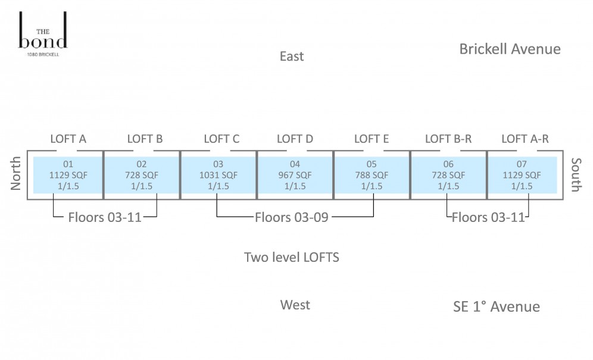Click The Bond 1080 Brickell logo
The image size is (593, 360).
(x=43, y=35)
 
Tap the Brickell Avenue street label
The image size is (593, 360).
(x=510, y=49)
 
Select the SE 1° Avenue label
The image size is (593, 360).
(x=496, y=306)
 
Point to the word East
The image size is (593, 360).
(x=292, y=57)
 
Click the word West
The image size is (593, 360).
(x=295, y=305)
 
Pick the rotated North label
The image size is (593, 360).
(x=15, y=173)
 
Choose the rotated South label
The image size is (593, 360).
(x=576, y=175)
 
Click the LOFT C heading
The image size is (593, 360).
(x=221, y=139)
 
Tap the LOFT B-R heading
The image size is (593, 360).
(x=448, y=139)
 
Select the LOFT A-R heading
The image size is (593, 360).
(x=525, y=139)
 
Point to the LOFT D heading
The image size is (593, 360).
(x=295, y=139)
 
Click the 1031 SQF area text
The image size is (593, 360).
(x=219, y=175)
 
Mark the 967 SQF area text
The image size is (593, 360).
(x=295, y=175)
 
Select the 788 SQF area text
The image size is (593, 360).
(x=372, y=175)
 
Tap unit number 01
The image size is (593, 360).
(x=68, y=164)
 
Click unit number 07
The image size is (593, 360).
(x=522, y=164)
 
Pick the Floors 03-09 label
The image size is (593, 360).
(x=292, y=217)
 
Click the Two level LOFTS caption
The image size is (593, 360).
(x=292, y=257)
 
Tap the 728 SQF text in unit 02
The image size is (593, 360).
(x=142, y=175)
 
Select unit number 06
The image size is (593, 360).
(x=448, y=164)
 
